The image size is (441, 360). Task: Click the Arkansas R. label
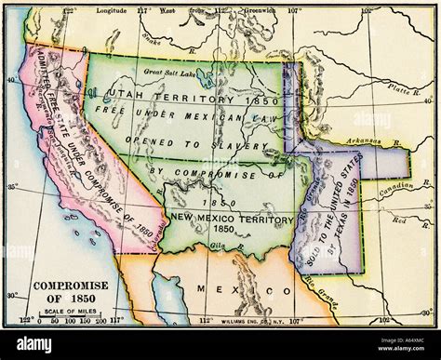[369, 140]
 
